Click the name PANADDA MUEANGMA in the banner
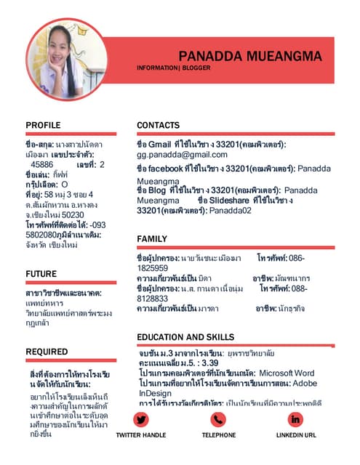[x=249, y=56]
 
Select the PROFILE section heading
[x=43, y=126]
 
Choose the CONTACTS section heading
[x=158, y=126]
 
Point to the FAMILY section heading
[x=151, y=239]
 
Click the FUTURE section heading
[x=41, y=274]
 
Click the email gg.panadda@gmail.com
[x=182, y=155]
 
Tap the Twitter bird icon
[x=141, y=419]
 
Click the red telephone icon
[x=218, y=419]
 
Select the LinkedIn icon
[x=296, y=419]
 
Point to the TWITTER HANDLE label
[x=141, y=434]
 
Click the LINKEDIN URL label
[x=296, y=434]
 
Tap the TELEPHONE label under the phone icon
[x=218, y=434]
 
